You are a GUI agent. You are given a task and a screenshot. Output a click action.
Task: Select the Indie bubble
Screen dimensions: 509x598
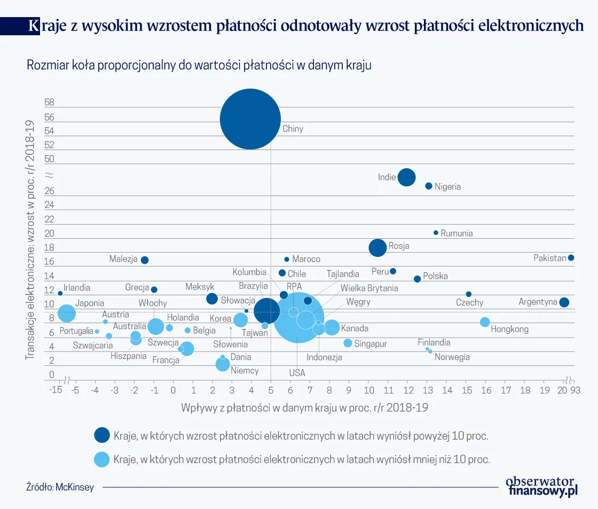407,177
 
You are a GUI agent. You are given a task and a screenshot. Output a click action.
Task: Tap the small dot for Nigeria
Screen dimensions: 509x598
428,186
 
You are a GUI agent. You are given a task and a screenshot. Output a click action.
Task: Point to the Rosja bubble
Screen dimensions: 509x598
377,247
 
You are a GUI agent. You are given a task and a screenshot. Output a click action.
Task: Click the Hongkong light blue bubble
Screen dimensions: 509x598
485,322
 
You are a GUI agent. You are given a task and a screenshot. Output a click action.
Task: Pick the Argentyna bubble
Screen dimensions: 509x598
564,302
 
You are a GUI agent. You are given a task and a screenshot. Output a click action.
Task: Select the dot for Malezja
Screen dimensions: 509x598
144,260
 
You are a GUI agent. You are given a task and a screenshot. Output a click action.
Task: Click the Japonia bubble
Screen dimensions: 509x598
66,313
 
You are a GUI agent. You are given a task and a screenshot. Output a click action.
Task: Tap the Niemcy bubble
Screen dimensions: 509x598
223,364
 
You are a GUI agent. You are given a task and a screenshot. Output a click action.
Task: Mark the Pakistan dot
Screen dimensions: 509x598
571,257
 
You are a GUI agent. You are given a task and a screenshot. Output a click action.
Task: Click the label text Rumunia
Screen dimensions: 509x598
457,233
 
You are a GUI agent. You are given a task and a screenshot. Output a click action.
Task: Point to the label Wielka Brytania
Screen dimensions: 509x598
369,288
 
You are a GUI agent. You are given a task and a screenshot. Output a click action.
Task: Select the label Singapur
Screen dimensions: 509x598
370,344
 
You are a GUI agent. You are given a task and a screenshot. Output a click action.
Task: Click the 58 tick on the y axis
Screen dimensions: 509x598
50,102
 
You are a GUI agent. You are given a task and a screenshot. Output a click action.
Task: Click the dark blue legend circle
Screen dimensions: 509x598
101,435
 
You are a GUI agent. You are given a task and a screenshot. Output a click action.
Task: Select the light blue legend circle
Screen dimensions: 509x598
101,459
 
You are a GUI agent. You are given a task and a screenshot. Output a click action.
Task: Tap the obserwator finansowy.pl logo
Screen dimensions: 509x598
542,487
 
